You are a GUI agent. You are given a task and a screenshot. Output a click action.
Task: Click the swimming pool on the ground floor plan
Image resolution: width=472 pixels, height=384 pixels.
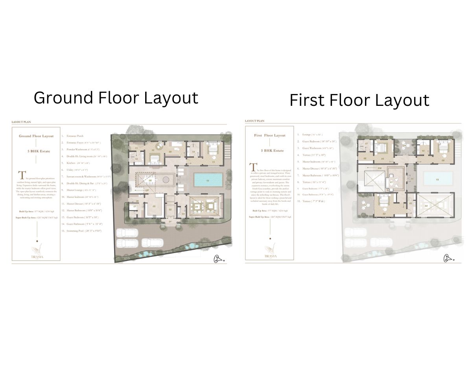pos(208,179)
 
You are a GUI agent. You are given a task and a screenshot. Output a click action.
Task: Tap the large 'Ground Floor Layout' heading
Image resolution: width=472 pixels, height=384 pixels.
pos(116,98)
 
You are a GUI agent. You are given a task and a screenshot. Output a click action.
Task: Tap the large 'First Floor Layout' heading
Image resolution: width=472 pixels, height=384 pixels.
pos(359,100)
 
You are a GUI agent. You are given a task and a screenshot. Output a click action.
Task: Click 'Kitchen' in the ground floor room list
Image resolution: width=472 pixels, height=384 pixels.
pos(71,163)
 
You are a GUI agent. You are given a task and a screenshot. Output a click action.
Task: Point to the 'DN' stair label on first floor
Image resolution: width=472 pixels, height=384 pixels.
pos(379,168)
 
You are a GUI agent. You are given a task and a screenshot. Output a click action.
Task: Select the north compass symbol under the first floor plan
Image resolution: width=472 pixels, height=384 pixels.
pos(448,258)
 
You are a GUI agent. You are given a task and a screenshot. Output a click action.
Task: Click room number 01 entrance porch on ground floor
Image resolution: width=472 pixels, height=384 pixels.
pos(171,222)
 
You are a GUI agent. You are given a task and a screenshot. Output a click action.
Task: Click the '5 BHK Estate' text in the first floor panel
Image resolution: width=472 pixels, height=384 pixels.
pos(269,150)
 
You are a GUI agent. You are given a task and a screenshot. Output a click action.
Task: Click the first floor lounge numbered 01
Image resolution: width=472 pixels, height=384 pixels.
pos(392,182)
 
